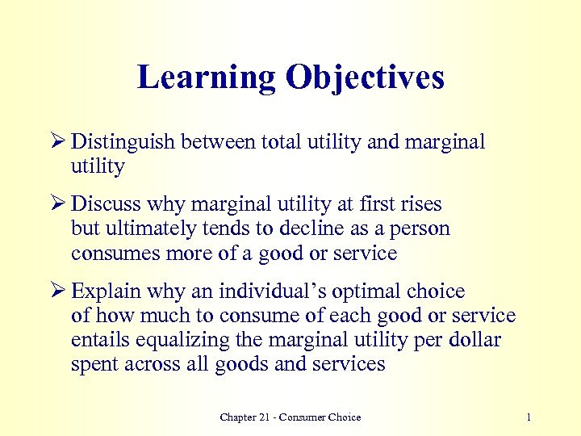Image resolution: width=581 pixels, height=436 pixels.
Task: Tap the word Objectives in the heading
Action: coord(363,78)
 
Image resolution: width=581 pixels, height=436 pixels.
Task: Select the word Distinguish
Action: coord(123,143)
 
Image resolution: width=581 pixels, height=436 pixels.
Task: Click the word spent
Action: coord(94,364)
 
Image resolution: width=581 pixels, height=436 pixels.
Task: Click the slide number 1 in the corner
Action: coord(528,417)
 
